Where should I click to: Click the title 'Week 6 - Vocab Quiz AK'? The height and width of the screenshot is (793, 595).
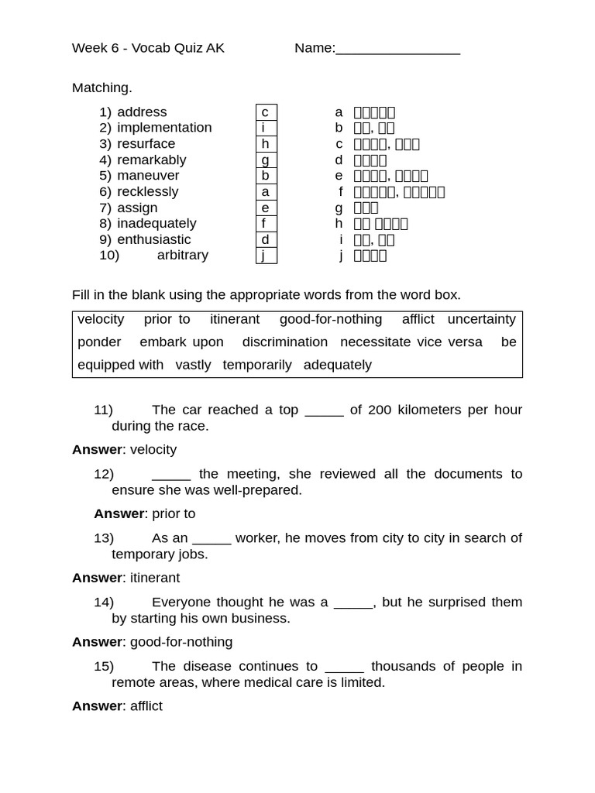(x=148, y=48)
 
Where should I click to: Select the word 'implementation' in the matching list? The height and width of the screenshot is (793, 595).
(x=164, y=128)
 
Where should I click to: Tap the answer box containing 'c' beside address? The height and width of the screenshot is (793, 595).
(x=266, y=112)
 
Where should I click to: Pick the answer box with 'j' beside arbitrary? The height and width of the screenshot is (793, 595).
(x=266, y=256)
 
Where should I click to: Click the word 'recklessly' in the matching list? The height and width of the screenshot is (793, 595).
(x=147, y=191)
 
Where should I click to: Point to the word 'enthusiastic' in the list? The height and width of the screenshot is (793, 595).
(x=153, y=239)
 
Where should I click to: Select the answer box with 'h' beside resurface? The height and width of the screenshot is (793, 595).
(x=266, y=144)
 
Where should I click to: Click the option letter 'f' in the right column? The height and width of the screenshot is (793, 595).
(x=340, y=192)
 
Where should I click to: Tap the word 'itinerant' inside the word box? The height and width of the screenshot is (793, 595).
(x=235, y=319)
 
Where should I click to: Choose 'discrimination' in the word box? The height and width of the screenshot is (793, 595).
(x=284, y=342)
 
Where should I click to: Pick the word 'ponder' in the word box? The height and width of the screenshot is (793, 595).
(x=99, y=342)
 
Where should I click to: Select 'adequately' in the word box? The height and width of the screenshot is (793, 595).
(x=337, y=365)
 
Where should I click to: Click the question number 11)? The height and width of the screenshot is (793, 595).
(x=103, y=410)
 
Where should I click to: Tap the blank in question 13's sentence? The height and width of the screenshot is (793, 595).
(x=212, y=538)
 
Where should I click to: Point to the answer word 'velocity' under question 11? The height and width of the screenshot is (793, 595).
(x=153, y=450)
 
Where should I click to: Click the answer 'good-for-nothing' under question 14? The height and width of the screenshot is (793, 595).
(x=181, y=642)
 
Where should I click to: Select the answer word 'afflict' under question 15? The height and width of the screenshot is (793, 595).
(x=146, y=706)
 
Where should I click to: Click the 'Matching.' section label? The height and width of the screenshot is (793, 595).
(x=102, y=88)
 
